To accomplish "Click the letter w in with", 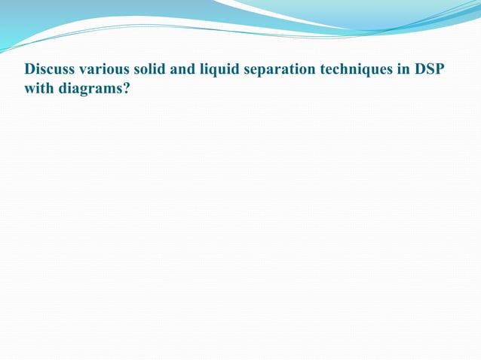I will [30, 88].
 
